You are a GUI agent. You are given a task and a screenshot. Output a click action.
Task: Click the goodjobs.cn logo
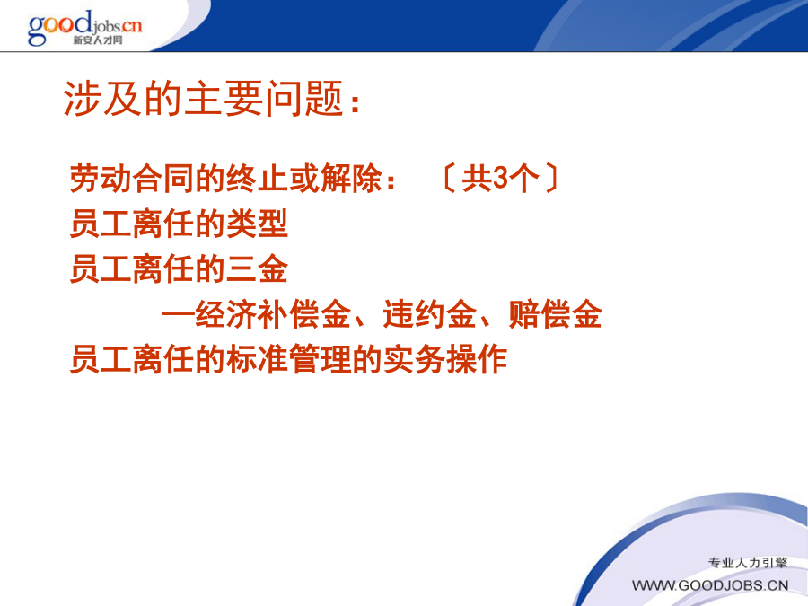click(x=85, y=28)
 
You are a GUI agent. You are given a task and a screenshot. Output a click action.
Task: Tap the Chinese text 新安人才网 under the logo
click(x=97, y=40)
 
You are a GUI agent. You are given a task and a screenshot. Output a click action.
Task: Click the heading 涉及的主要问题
click(x=203, y=98)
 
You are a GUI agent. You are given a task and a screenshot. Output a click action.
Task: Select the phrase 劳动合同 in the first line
click(x=132, y=179)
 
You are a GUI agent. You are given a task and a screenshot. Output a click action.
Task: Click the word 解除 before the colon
click(x=351, y=179)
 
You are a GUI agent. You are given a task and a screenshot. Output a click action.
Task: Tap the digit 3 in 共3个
click(x=500, y=179)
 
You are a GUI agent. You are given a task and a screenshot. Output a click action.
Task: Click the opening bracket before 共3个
click(x=449, y=179)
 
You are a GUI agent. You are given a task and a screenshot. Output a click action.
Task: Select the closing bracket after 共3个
click(x=551, y=179)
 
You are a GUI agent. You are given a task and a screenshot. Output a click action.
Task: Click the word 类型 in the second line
click(x=257, y=224)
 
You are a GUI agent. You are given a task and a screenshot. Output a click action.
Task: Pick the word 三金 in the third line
click(x=257, y=269)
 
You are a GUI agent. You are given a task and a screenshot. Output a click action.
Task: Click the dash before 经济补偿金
click(x=179, y=314)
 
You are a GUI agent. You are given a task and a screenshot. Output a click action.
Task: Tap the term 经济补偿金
click(x=273, y=314)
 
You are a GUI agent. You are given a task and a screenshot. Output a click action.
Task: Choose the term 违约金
click(x=429, y=314)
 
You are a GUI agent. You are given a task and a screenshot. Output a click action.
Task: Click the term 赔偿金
click(x=555, y=314)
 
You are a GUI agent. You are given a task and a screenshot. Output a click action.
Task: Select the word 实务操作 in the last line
click(x=445, y=360)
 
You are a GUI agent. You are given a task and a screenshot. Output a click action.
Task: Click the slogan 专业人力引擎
click(x=748, y=563)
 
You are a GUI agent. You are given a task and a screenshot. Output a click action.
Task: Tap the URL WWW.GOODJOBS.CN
click(x=710, y=586)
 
